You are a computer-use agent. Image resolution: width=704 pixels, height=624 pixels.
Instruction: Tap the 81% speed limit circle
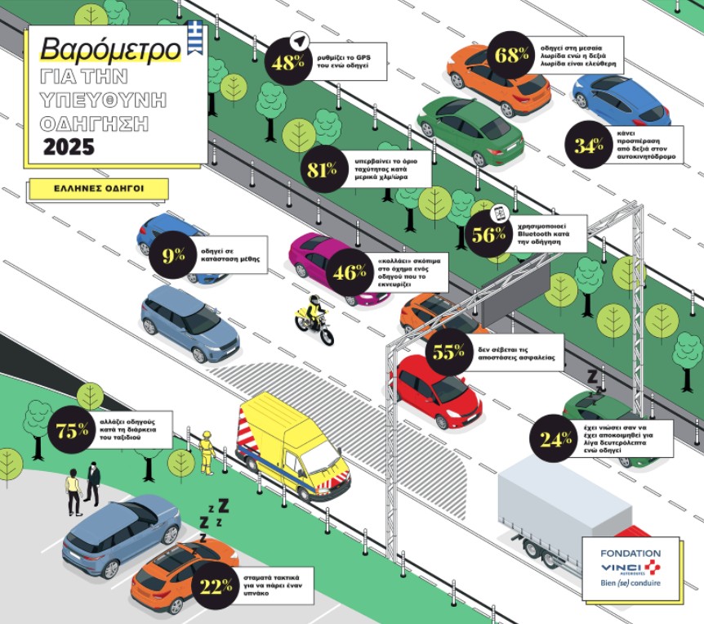(322, 170)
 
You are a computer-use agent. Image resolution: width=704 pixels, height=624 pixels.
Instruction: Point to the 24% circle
(555, 439)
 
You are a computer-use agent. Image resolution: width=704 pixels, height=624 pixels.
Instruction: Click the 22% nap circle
(216, 586)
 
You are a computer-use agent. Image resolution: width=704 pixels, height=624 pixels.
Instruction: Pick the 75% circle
(72, 431)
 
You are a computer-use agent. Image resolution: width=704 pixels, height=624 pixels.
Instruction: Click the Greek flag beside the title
(194, 38)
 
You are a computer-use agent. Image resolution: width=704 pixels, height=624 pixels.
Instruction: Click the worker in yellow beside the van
(207, 451)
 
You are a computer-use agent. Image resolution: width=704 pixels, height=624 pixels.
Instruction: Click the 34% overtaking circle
(588, 146)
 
